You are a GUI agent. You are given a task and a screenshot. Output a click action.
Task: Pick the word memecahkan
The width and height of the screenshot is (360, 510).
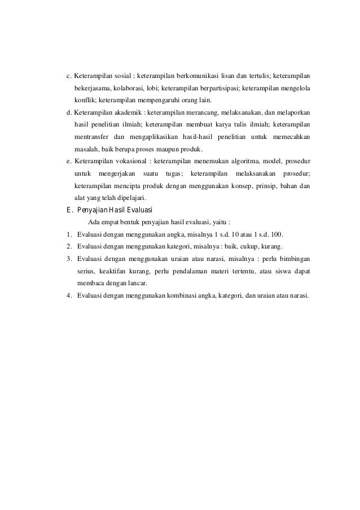pyautogui.click(x=291, y=137)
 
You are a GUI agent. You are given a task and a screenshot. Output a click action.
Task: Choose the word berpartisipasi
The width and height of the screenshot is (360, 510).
pyautogui.click(x=218, y=89)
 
